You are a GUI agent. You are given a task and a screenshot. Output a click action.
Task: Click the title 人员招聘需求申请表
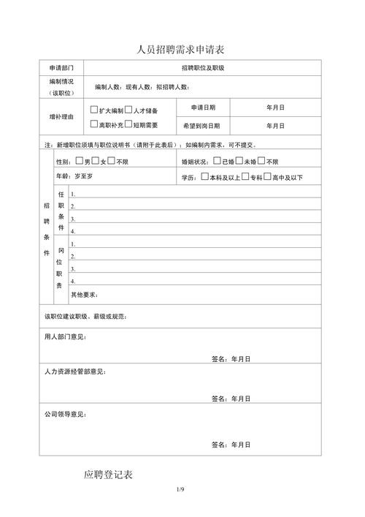coord(181,49)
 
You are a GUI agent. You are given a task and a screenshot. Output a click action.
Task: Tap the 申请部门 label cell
coord(61,68)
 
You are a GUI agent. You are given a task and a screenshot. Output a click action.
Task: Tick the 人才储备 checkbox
coord(128,110)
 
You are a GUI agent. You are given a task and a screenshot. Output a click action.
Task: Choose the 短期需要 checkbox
coord(128,124)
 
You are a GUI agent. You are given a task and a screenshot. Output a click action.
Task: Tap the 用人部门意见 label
coord(65,337)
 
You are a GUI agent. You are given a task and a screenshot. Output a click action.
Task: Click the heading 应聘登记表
coord(108,475)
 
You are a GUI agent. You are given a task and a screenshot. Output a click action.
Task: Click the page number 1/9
coord(182,488)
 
